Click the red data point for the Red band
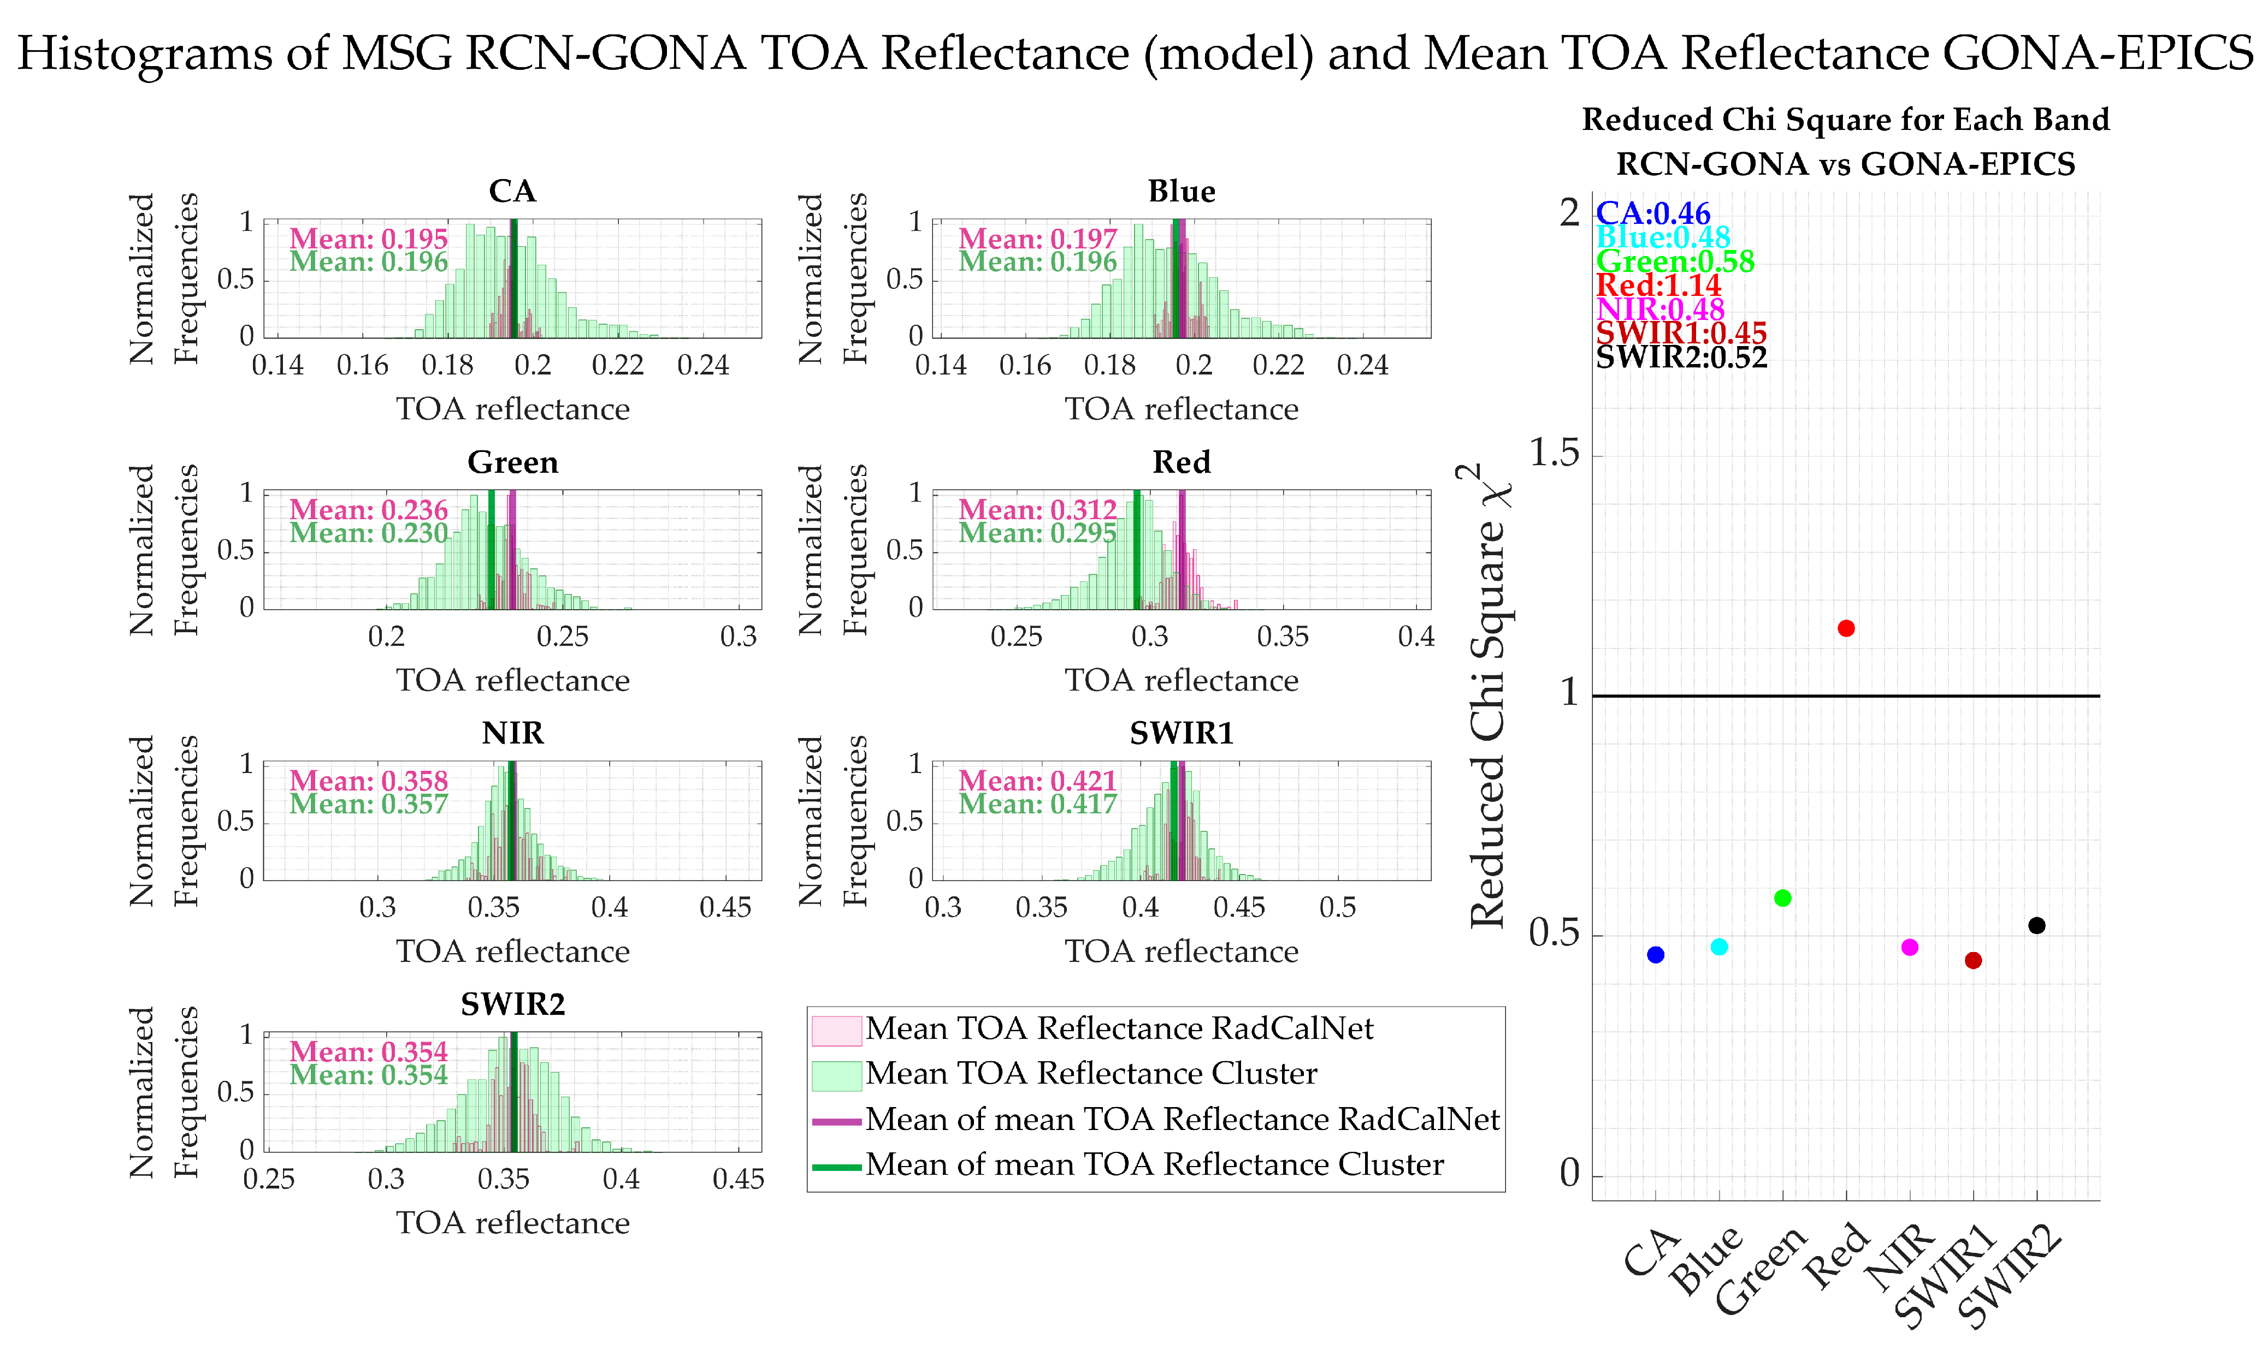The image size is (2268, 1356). tap(1846, 629)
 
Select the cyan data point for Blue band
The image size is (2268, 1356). tap(1718, 947)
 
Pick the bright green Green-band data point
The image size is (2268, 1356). tap(1782, 898)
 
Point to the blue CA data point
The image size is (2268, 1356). tap(1656, 955)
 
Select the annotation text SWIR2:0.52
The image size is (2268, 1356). tap(1681, 357)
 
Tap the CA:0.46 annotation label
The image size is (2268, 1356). tap(1653, 214)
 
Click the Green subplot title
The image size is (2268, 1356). tap(513, 462)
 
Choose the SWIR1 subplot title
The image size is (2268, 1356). tap(1181, 733)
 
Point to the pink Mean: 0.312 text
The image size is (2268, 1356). tap(1037, 510)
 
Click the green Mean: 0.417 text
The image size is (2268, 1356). tap(1037, 804)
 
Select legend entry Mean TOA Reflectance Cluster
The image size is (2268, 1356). tap(1091, 1074)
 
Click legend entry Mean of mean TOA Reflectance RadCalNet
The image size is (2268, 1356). tap(1182, 1119)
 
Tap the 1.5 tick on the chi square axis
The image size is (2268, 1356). tap(1554, 453)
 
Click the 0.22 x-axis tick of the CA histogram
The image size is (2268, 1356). tap(618, 366)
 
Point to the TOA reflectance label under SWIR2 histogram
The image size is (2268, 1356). tap(513, 1223)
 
